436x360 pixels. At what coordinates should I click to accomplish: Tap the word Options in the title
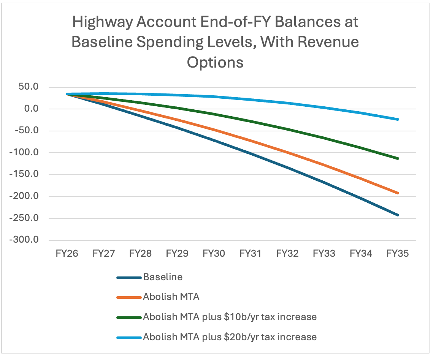(x=215, y=62)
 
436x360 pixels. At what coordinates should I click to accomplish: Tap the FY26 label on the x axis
(x=67, y=253)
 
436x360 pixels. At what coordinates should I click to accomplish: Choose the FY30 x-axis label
(x=214, y=253)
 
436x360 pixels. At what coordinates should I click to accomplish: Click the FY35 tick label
(x=398, y=253)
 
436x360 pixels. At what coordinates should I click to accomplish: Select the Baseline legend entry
(x=163, y=277)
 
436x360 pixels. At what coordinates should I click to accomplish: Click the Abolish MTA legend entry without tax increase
(x=171, y=297)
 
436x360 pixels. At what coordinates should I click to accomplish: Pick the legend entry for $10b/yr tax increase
(x=230, y=317)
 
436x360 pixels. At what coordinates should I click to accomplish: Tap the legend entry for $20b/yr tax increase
(x=230, y=336)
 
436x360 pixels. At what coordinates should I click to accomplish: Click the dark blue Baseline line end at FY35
(x=398, y=215)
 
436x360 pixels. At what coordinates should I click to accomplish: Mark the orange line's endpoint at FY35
(x=398, y=193)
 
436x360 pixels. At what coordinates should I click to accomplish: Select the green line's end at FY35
(x=398, y=158)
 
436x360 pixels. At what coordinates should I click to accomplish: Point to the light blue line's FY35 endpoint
(x=398, y=119)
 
